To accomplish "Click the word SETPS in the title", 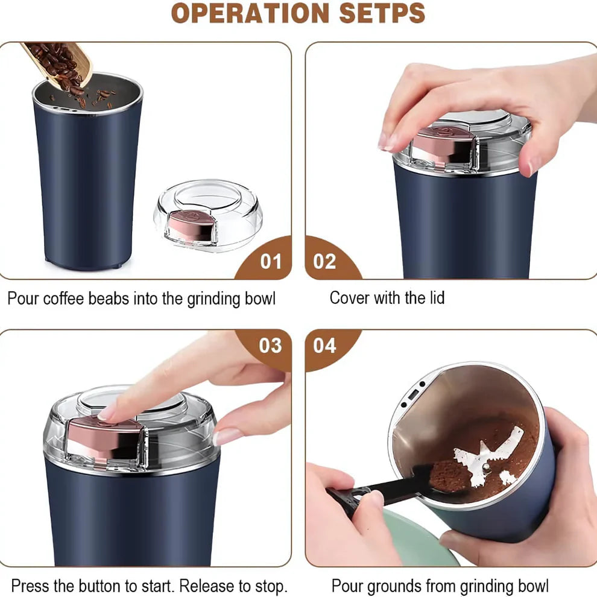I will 382,13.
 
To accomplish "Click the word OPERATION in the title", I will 249,13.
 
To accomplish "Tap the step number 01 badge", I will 271,261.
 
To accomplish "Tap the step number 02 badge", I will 324,261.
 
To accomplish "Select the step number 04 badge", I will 324,346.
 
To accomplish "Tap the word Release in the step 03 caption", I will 207,586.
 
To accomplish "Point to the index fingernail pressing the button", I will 108,412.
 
